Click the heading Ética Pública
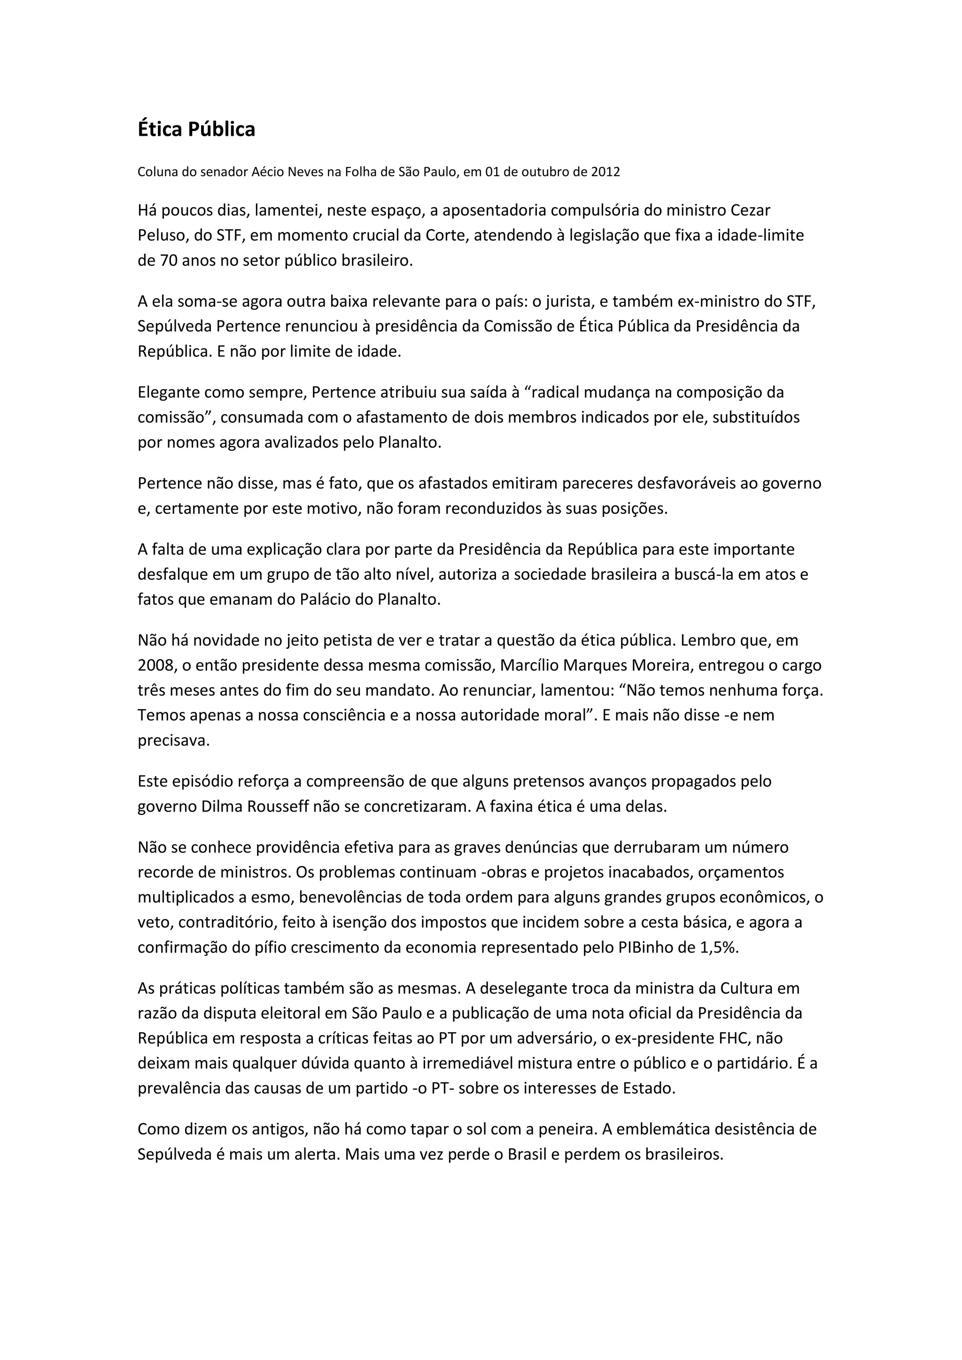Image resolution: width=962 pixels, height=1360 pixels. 196,129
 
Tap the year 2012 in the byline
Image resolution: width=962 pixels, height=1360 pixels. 605,172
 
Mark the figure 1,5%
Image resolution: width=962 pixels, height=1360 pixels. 719,947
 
